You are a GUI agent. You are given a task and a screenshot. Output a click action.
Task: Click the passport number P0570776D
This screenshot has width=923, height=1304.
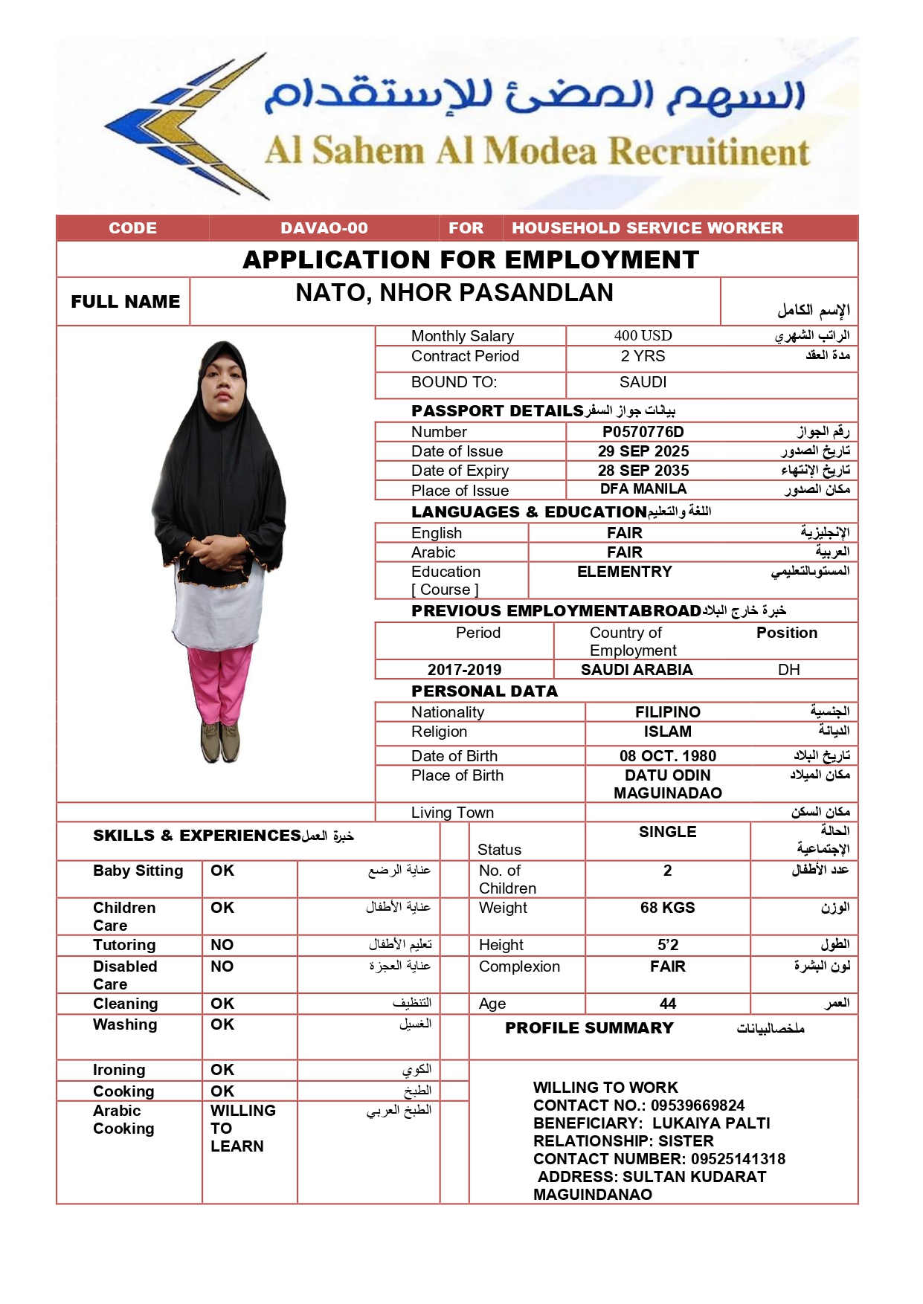point(643,432)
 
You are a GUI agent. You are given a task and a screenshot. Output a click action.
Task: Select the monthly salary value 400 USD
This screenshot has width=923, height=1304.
point(643,336)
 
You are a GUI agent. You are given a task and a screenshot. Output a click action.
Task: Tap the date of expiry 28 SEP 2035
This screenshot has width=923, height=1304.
point(643,471)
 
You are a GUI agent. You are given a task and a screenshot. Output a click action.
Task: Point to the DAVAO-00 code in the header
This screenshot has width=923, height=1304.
point(324,228)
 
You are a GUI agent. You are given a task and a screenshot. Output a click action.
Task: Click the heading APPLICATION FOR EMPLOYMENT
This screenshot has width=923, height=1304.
point(471,260)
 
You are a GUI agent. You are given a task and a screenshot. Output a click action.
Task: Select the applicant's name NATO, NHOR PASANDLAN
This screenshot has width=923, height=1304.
point(454,294)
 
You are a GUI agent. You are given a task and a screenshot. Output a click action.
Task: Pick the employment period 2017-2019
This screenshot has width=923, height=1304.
point(464,670)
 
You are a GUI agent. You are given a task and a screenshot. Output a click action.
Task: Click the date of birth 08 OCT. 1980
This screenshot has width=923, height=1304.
point(667,756)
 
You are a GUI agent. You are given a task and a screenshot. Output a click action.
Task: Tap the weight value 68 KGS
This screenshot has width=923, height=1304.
point(667,908)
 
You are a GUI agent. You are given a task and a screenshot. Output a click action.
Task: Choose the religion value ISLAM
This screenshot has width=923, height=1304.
point(667,732)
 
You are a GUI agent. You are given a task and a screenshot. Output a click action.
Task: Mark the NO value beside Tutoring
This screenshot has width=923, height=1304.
point(222,945)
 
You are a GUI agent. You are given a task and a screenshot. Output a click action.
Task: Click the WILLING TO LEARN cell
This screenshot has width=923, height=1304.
point(238,1129)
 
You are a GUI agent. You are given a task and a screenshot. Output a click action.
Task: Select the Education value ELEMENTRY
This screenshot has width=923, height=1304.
point(624,572)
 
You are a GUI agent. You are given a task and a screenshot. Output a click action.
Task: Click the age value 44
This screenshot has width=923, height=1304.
point(667,1004)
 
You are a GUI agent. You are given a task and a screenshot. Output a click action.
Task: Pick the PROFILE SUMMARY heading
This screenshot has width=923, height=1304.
point(589,1028)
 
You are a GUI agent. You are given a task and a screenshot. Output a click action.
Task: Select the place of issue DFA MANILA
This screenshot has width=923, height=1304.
point(643,489)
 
